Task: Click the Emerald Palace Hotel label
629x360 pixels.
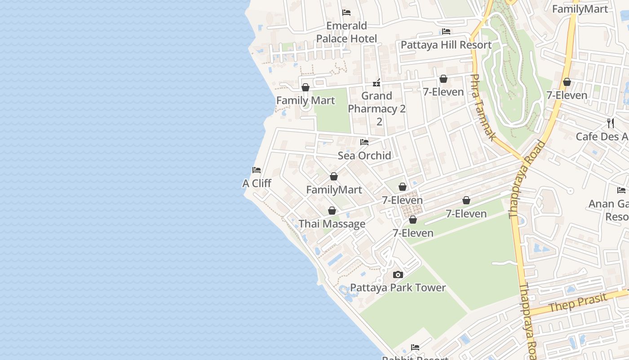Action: (x=346, y=32)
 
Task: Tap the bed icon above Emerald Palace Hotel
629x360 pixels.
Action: (x=346, y=12)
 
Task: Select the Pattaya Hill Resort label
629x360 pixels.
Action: (x=446, y=45)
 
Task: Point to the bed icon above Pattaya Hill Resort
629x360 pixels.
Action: (x=446, y=31)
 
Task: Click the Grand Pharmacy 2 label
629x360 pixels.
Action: (x=377, y=103)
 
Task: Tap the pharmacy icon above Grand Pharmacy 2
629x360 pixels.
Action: (x=377, y=83)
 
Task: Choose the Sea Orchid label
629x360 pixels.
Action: (x=364, y=156)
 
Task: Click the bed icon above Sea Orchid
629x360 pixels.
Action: (x=364, y=142)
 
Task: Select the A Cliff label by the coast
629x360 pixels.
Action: (x=257, y=184)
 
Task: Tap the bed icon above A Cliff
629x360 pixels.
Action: (x=257, y=170)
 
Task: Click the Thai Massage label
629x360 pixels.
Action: (x=332, y=224)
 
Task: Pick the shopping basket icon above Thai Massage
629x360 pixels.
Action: (x=332, y=211)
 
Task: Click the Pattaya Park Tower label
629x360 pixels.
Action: (x=398, y=288)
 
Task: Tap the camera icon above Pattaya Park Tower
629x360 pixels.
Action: (x=398, y=274)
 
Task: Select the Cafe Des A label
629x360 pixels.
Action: (x=602, y=136)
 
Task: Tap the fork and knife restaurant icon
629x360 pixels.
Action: (x=611, y=123)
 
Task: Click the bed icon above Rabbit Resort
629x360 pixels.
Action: (x=415, y=347)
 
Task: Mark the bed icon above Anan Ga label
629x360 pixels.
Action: (x=621, y=190)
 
